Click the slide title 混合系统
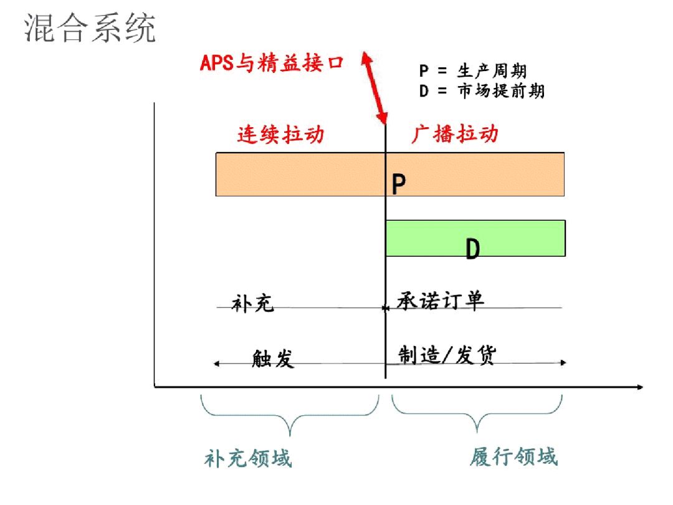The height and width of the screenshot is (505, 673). pos(90,29)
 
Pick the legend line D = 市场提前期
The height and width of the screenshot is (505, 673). pos(482,91)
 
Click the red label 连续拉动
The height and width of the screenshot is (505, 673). pos(280,135)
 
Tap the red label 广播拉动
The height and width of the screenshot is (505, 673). pos(455,135)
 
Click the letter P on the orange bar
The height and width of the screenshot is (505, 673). pos(399,184)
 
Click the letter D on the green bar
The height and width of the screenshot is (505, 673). pos(473,249)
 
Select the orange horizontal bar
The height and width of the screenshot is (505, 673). pos(299,174)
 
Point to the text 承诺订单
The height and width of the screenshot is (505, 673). pos(441,301)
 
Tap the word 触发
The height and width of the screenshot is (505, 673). pos(273,358)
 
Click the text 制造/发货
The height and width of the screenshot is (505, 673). pos(447,355)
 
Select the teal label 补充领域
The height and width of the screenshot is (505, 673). pos(248,459)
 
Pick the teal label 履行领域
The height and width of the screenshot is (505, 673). pos(513,456)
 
